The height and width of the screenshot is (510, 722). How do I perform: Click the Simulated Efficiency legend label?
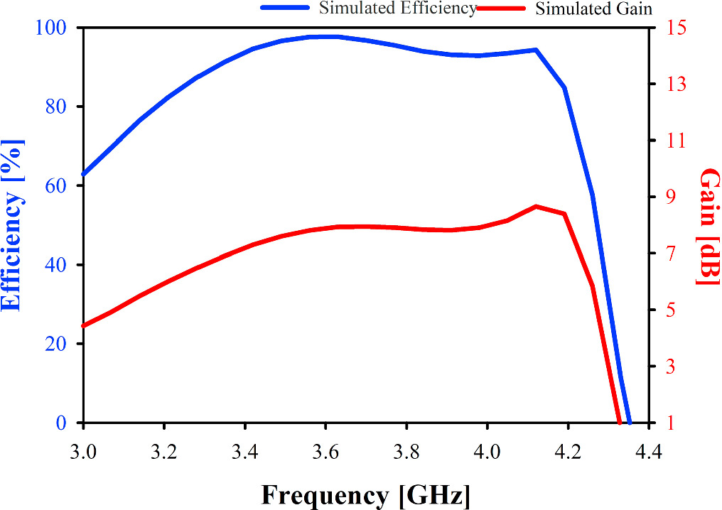397,9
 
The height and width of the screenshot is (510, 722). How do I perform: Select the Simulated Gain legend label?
593,9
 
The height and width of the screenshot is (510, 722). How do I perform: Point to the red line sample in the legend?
501,8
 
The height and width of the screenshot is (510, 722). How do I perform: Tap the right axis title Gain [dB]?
708,227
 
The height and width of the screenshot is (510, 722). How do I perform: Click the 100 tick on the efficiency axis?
55,28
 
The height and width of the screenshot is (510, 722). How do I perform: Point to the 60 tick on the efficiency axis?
60,186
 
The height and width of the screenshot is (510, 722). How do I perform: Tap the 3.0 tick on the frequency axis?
84,451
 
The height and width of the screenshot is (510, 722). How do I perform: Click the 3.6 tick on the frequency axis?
325,451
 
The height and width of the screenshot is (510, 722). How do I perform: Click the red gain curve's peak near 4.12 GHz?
536,206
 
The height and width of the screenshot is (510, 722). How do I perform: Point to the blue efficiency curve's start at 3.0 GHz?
84,174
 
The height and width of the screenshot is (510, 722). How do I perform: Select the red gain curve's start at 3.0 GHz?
84,326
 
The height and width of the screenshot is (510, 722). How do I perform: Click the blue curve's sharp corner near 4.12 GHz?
536,50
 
